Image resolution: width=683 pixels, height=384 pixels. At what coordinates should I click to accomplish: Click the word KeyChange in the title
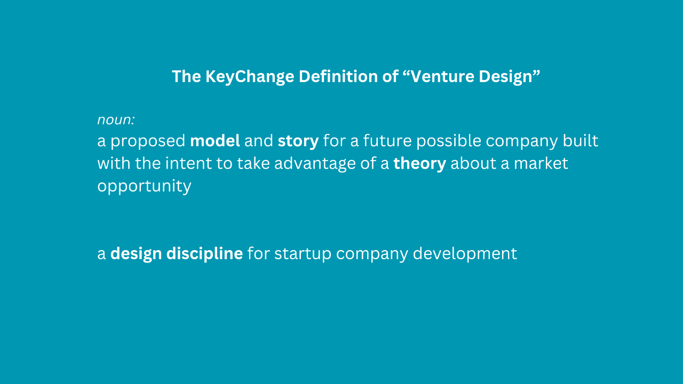[250, 76]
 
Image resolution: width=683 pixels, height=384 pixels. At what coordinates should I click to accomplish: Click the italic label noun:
[116, 120]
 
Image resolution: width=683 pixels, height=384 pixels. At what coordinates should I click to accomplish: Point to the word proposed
[148, 141]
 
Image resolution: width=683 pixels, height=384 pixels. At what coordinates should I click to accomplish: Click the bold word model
[215, 141]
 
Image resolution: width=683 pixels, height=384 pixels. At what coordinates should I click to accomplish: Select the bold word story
[298, 141]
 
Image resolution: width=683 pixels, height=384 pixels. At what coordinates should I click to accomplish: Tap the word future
[387, 141]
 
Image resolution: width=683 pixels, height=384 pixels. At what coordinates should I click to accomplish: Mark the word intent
[188, 163]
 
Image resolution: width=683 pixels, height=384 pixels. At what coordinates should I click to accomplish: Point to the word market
[541, 163]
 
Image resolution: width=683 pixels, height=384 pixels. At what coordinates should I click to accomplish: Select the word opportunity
[144, 187]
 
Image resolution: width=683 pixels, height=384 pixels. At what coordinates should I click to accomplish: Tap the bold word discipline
[204, 254]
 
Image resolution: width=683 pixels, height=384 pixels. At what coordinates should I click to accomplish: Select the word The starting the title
[186, 76]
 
